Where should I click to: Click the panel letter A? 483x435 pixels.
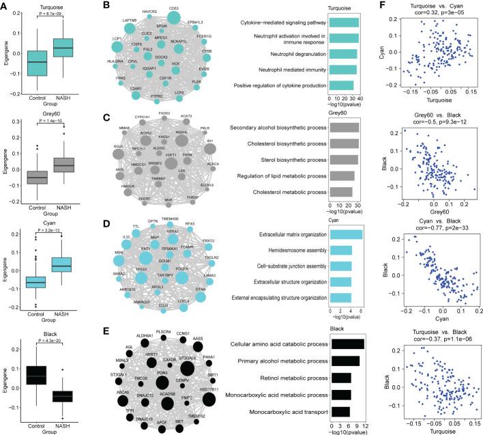[5, 6]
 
